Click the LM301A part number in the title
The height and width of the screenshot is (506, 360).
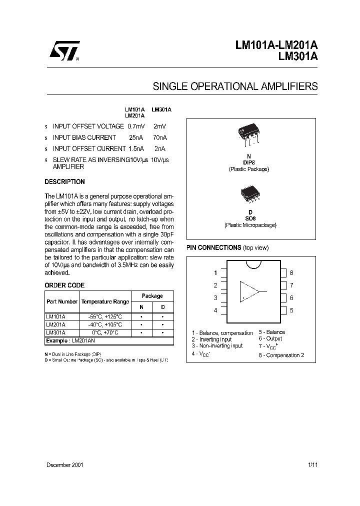(x=297, y=56)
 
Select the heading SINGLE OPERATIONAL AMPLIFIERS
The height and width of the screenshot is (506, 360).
(x=235, y=86)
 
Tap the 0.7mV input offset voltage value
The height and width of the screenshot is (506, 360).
(x=136, y=126)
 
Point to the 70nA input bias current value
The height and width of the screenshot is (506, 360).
(x=159, y=137)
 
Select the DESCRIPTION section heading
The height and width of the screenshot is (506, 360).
(x=64, y=182)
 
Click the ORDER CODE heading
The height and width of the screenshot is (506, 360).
(x=64, y=285)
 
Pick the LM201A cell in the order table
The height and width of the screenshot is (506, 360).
(x=55, y=324)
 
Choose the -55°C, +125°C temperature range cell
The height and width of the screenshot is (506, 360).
(x=105, y=316)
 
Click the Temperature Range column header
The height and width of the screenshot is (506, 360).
(x=105, y=301)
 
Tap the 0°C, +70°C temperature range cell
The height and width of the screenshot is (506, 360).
(x=105, y=331)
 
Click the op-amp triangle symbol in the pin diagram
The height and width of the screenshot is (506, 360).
(x=250, y=291)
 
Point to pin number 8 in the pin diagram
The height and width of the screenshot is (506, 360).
(x=291, y=272)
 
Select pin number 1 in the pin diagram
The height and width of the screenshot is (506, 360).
(x=215, y=272)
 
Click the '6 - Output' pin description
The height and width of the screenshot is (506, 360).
(x=270, y=338)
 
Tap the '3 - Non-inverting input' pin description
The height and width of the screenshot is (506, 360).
(x=217, y=345)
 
